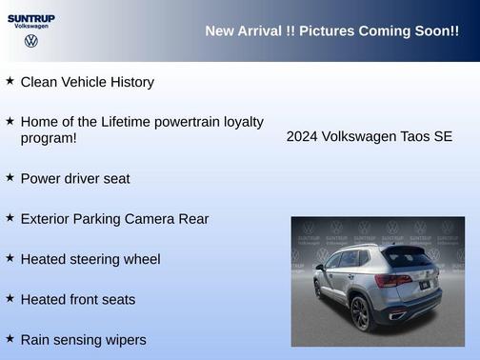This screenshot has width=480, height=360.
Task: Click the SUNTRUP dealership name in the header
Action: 31,18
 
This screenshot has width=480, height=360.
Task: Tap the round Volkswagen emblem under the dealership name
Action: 31,42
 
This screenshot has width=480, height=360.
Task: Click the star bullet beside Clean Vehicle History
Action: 10,81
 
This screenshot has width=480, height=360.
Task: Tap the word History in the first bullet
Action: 130,82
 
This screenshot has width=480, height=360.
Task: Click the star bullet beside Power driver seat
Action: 10,177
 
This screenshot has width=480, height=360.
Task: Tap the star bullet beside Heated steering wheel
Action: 10,257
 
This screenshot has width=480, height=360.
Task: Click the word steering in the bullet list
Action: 96,259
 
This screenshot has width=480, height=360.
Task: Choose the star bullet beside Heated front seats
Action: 10,298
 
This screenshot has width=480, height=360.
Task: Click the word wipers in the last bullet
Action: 125,340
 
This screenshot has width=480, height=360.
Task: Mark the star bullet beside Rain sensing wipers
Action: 10,338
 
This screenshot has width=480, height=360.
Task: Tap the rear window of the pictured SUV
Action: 407,256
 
